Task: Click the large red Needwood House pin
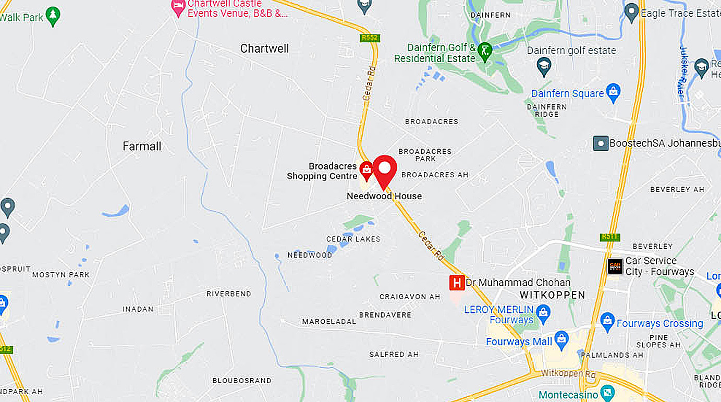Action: click(385, 170)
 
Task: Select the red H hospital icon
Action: click(457, 283)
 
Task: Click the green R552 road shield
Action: click(369, 38)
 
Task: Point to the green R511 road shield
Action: click(609, 237)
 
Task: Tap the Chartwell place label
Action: click(264, 48)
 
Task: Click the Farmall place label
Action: click(142, 147)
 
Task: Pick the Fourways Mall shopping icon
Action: click(561, 339)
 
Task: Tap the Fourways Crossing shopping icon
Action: click(607, 322)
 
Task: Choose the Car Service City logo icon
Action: click(615, 266)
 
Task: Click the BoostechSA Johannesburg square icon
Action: click(601, 143)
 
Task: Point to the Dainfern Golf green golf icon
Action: click(485, 51)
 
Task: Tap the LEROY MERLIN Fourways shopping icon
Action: click(543, 313)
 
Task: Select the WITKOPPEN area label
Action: click(553, 295)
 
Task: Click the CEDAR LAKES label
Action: click(353, 239)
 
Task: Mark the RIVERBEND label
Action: click(229, 294)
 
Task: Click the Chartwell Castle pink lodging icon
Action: click(179, 7)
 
